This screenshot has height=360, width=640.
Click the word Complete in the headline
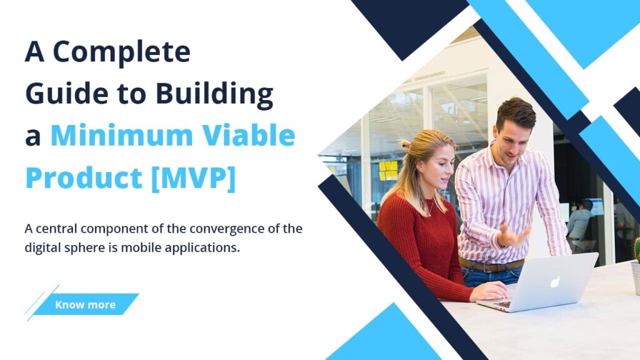click(x=122, y=52)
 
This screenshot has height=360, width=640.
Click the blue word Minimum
click(x=122, y=135)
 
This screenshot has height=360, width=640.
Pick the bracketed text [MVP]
click(x=194, y=178)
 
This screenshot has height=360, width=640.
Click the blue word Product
click(x=84, y=177)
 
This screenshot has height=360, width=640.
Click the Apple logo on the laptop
click(x=556, y=282)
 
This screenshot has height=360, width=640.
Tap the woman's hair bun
click(x=406, y=145)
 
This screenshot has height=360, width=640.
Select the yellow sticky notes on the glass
click(x=387, y=170)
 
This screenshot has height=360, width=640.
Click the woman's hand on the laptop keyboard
click(x=490, y=291)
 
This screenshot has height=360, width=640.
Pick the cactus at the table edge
click(x=637, y=249)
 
